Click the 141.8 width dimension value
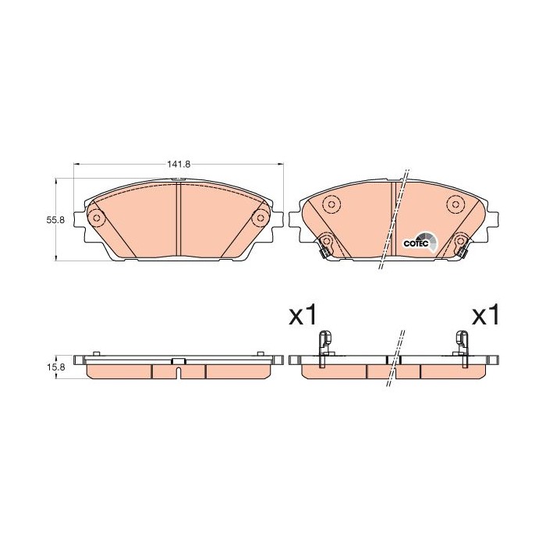click(x=178, y=165)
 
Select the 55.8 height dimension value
click(x=55, y=221)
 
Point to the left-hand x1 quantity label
click(x=303, y=316)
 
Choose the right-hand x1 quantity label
click(x=486, y=316)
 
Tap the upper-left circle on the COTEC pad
click(x=330, y=205)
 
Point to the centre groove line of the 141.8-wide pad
click(x=178, y=222)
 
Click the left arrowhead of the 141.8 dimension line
click(x=76, y=165)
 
